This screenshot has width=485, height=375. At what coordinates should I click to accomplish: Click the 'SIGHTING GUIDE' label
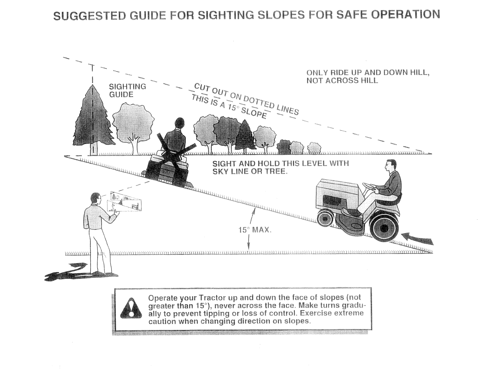pos(127,90)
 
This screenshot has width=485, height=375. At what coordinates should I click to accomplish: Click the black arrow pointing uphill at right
pos(417,239)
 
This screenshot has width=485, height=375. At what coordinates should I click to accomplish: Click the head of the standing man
pos(96,199)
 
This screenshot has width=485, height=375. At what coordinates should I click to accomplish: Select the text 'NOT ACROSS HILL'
pos(342,81)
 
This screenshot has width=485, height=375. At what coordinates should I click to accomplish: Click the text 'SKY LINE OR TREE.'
pos(250,172)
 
